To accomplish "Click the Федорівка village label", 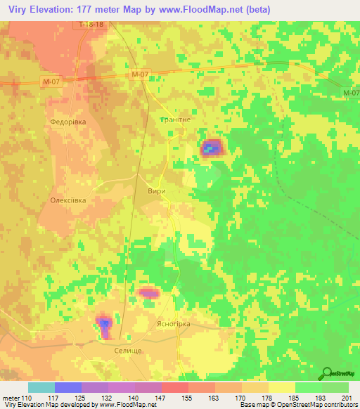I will (x=67, y=122).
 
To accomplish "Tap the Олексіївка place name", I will (x=67, y=200).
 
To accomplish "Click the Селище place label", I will (x=127, y=349).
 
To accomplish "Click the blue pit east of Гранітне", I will (x=210, y=148).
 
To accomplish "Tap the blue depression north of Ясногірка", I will (x=149, y=293).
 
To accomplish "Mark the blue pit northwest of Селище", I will (x=104, y=323).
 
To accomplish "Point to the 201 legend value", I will (x=343, y=397).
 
